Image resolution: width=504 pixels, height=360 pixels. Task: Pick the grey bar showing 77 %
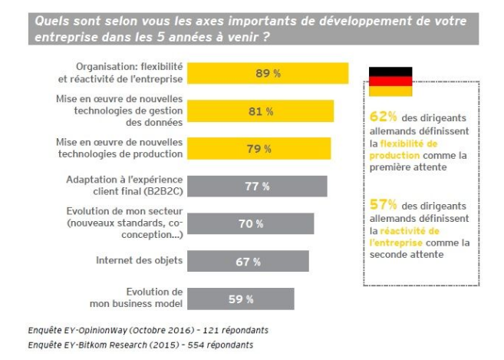(257, 186)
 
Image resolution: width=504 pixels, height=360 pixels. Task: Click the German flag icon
(390, 81)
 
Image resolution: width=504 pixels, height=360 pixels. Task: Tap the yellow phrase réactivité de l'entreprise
(397, 236)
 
